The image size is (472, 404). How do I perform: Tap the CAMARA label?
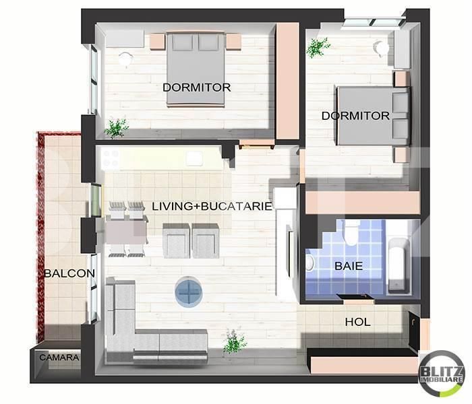(59, 358)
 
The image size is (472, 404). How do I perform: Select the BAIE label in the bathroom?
(349, 266)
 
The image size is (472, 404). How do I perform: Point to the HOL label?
(357, 323)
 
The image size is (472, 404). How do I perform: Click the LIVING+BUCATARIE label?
(212, 206)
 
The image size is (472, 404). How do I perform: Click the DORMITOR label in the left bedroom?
(196, 88)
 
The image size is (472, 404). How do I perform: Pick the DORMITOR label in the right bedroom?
(355, 116)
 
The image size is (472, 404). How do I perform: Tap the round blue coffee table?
(190, 292)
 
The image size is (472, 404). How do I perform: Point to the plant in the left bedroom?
(117, 127)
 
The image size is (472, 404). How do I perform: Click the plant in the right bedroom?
(317, 46)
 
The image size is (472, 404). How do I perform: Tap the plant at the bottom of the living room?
(233, 341)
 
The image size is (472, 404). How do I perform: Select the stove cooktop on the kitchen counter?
(110, 160)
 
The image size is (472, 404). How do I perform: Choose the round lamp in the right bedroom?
(382, 48)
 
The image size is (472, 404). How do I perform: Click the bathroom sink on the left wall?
(310, 263)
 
